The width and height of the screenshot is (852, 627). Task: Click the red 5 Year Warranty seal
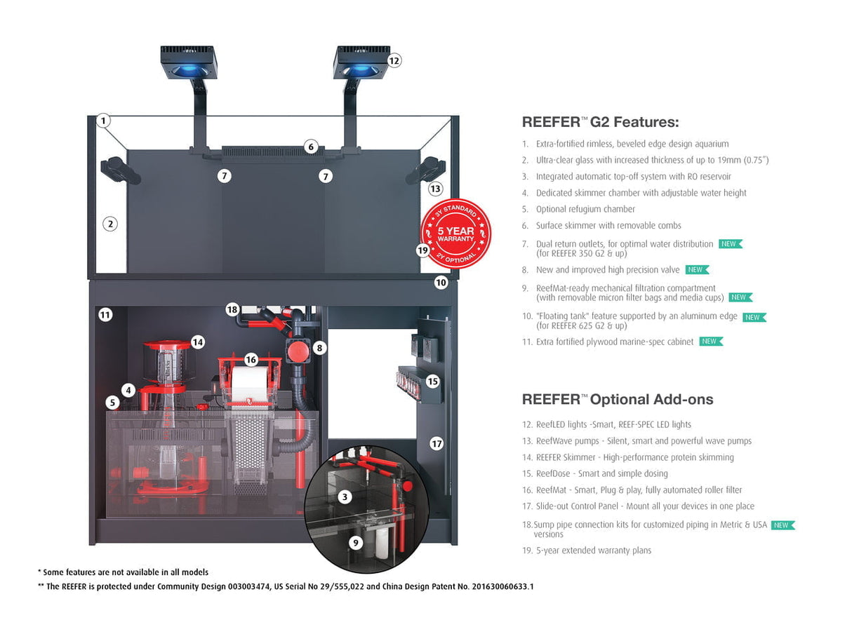(x=455, y=234)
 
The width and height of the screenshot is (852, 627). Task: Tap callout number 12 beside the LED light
(x=394, y=60)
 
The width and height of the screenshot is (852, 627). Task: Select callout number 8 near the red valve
(x=319, y=347)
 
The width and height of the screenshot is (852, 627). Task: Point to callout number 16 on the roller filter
(x=251, y=359)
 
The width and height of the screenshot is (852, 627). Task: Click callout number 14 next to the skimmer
(x=198, y=342)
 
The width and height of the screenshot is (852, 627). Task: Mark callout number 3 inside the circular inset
(x=344, y=497)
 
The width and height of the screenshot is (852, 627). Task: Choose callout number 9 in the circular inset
(x=355, y=542)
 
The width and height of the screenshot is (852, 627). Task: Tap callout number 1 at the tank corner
(x=104, y=121)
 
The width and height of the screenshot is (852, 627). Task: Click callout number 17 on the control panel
(x=437, y=443)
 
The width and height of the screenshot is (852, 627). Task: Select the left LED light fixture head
(x=188, y=62)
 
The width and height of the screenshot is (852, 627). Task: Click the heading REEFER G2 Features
(x=600, y=122)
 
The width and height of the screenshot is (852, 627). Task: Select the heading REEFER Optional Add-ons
(x=617, y=400)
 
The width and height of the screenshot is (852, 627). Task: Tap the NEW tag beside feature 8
(x=697, y=270)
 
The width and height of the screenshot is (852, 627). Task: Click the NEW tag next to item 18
(x=783, y=525)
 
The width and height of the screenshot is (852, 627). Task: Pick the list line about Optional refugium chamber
(x=585, y=209)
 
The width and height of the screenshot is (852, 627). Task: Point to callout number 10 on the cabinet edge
(x=441, y=283)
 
